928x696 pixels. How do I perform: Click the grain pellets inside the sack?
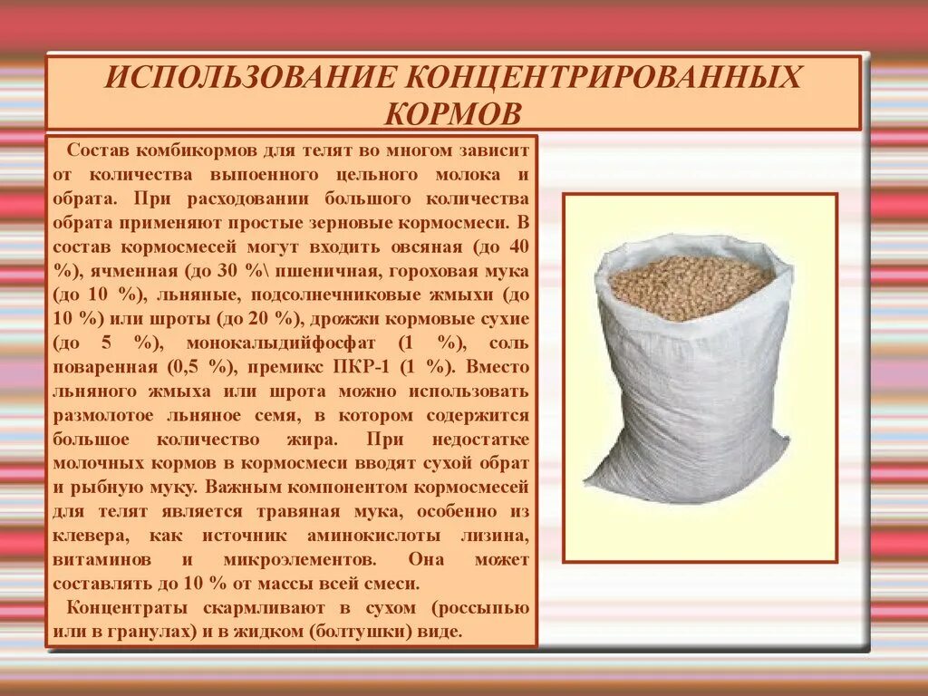coord(691,285)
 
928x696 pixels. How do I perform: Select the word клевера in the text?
coord(83,536)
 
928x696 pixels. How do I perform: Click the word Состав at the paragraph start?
coord(93,150)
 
